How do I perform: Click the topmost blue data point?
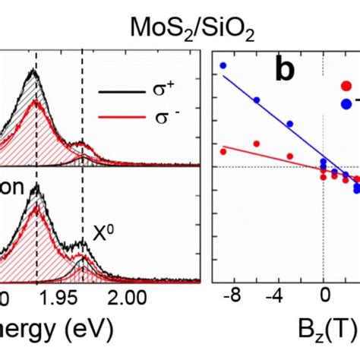pyautogui.click(x=223, y=65)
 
